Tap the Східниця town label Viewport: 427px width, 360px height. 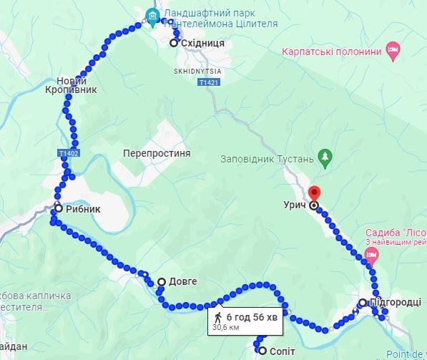click(x=202, y=44)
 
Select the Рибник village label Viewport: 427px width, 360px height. click(x=83, y=209)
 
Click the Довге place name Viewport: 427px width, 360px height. click(x=182, y=282)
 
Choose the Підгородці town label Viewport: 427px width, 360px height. click(x=397, y=303)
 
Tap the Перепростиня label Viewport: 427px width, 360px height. click(x=156, y=154)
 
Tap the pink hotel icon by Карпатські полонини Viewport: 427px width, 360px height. click(x=393, y=50)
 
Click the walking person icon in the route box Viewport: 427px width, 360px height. click(x=218, y=316)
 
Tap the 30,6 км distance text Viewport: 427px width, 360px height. click(x=225, y=328)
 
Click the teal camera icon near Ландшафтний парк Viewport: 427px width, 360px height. click(x=151, y=15)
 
